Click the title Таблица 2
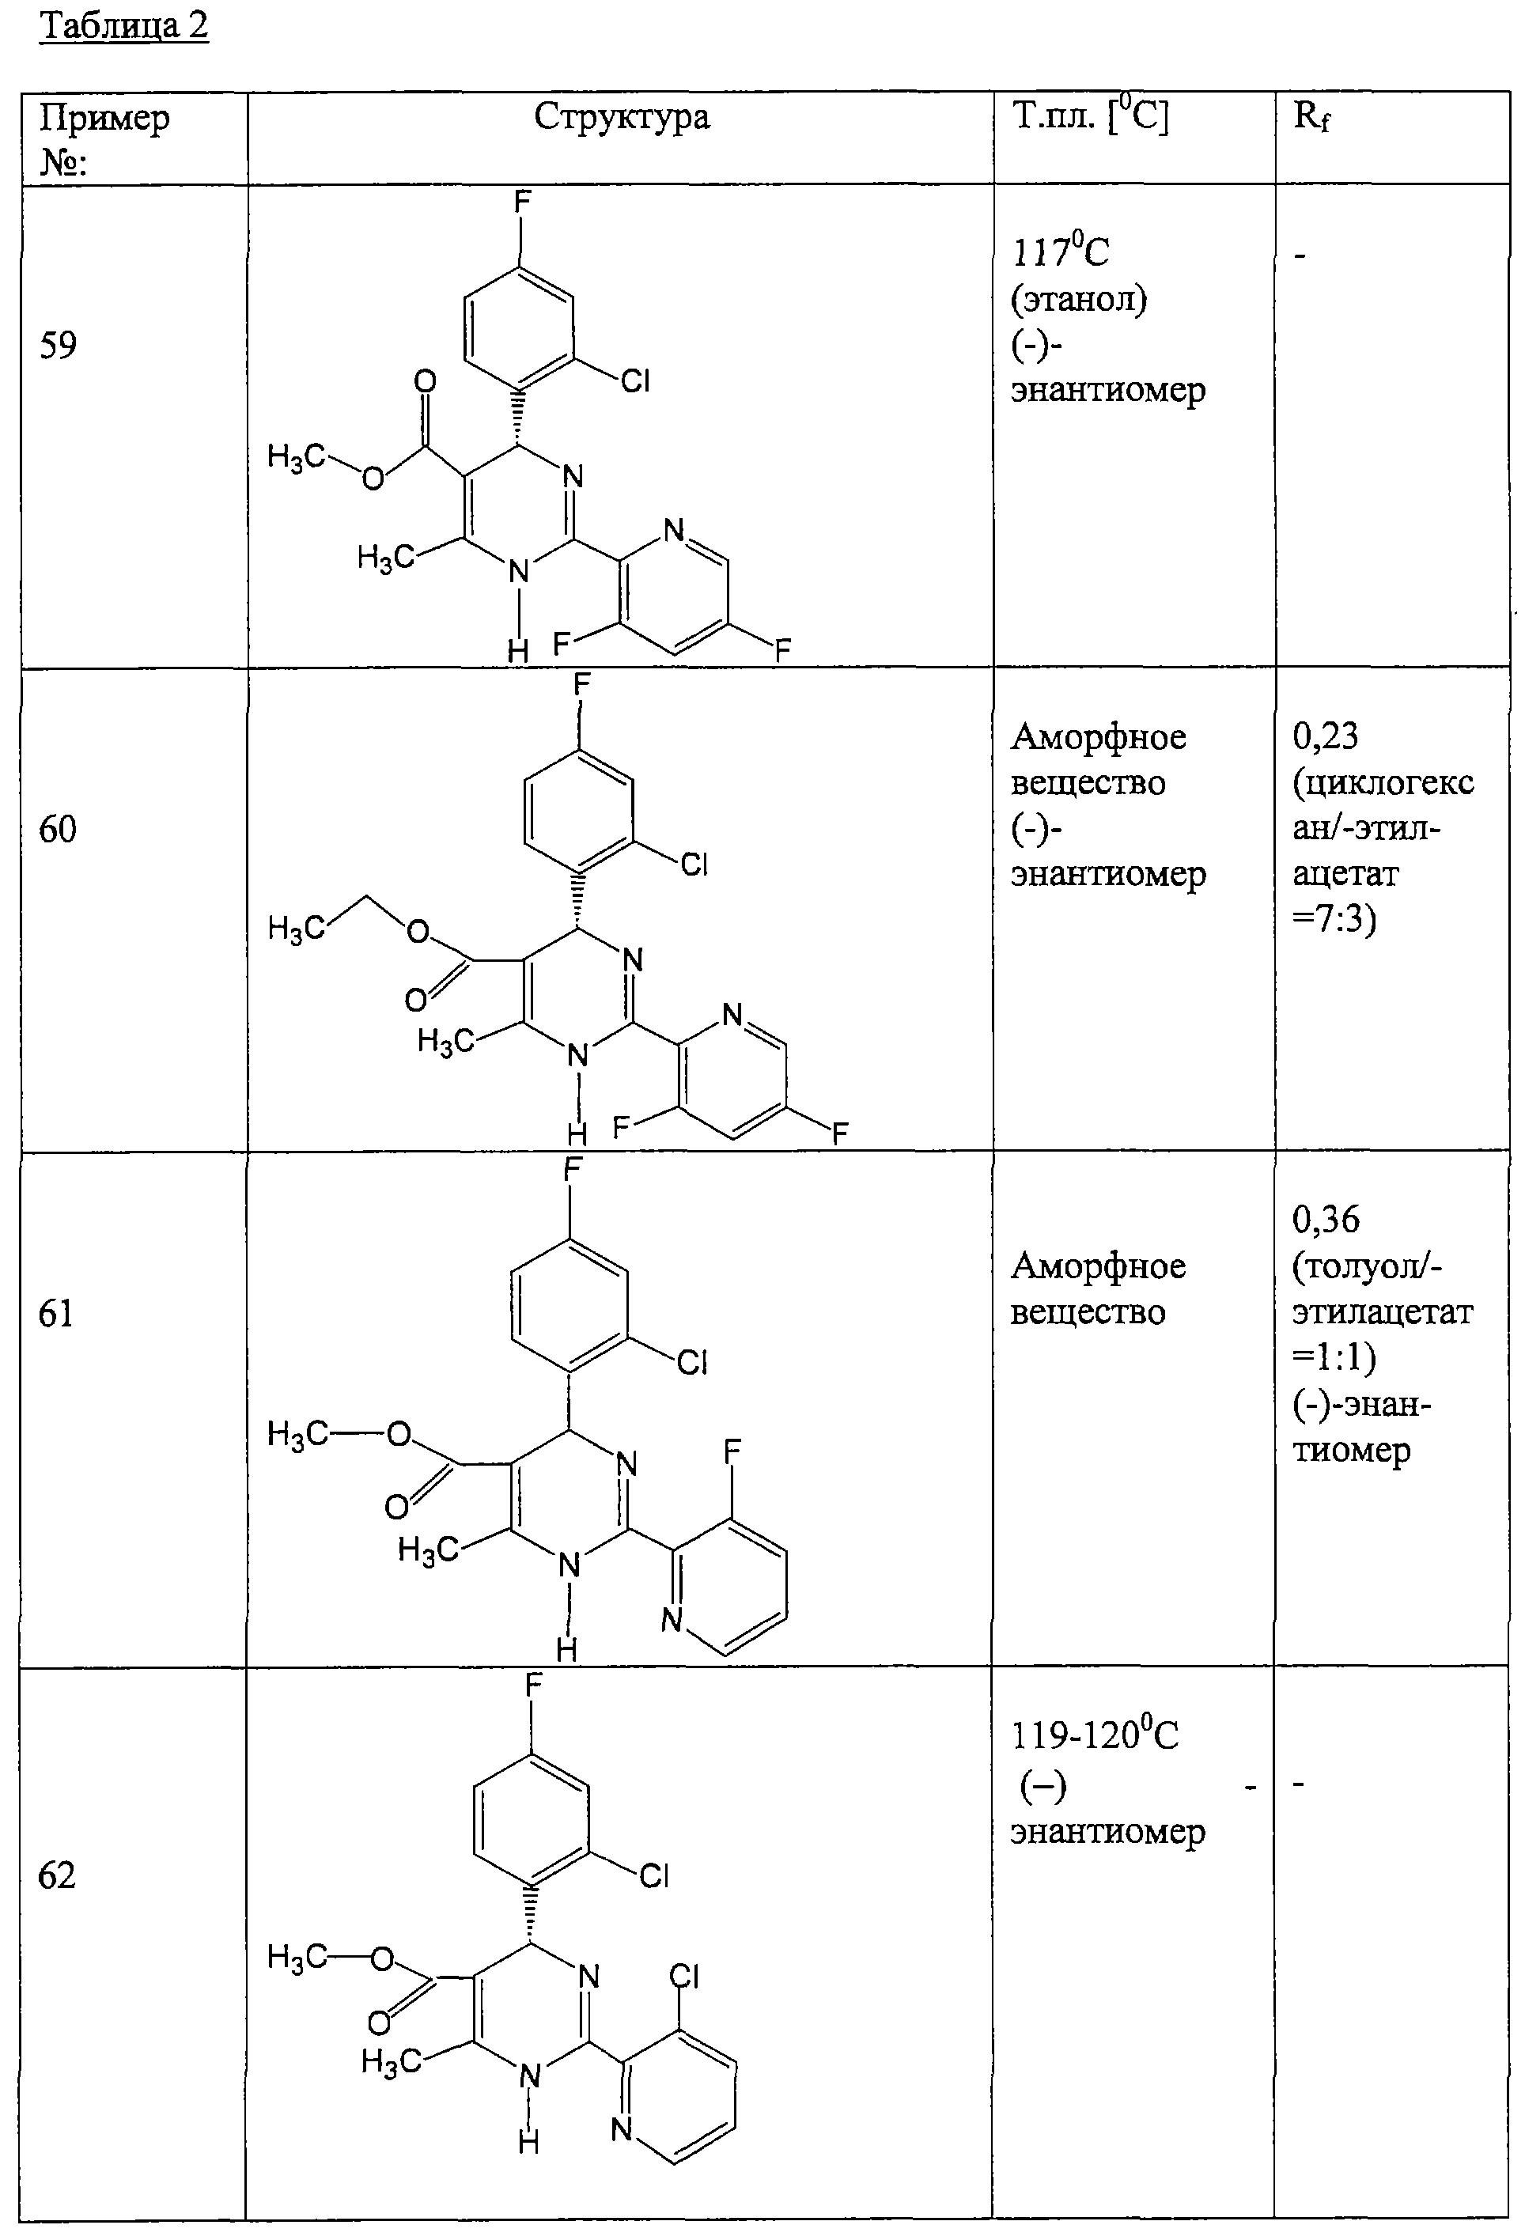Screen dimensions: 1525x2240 (123, 26)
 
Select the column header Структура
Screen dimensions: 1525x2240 (622, 116)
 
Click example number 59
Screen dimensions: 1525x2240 (58, 345)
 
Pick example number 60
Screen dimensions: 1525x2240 (58, 829)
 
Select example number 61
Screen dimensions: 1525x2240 (56, 1313)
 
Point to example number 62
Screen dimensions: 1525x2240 (57, 1875)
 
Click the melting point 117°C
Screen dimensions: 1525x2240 (1061, 252)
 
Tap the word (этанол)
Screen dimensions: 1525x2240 (1079, 300)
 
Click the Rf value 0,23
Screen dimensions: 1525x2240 (1326, 736)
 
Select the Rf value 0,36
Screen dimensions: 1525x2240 (1326, 1220)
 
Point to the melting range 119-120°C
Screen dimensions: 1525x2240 (1095, 1735)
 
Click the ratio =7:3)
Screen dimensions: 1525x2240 (1335, 920)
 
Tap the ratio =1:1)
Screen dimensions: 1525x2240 (1335, 1357)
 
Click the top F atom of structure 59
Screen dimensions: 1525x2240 (521, 202)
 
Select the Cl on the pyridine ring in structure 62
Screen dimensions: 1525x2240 (683, 1977)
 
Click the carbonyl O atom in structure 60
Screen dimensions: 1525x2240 (415, 1001)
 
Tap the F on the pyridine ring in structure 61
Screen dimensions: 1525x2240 (732, 1451)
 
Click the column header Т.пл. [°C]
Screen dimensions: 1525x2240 (1090, 116)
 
